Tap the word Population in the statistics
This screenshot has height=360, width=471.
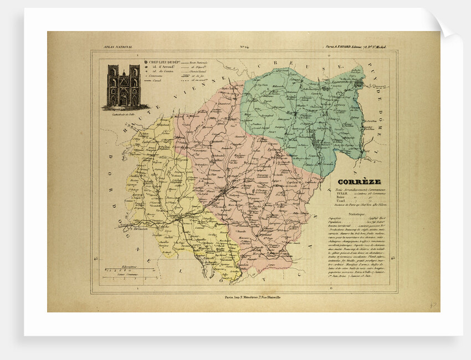pos(335,223)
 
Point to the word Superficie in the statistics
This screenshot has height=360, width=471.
pos(335,218)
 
